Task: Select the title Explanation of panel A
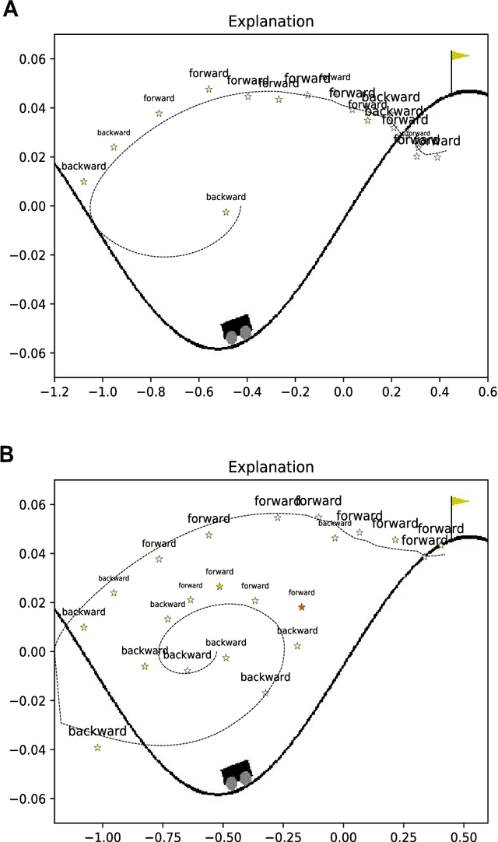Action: [271, 22]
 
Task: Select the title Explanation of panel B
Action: [271, 467]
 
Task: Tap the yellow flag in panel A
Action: [460, 55]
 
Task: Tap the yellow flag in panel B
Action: [460, 501]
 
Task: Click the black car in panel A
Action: [237, 328]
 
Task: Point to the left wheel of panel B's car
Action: [232, 782]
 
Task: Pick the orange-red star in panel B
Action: [302, 607]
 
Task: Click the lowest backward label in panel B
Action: [97, 731]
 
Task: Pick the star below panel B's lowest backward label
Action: [97, 748]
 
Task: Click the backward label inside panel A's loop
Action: [226, 197]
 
